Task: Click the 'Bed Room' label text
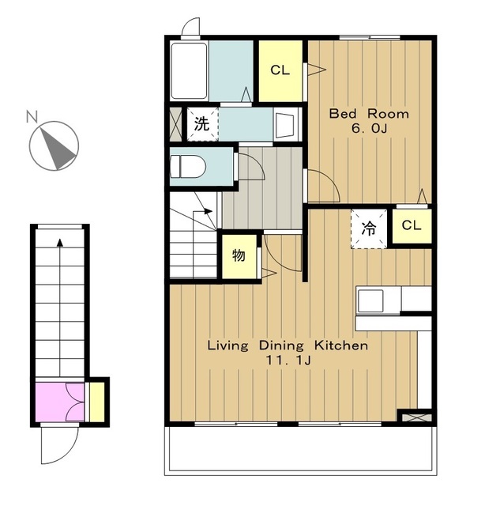tap(369, 114)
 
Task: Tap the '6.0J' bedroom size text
tap(369, 129)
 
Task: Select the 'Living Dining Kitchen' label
tap(288, 346)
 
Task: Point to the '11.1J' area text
tap(288, 361)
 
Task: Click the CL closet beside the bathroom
tap(280, 70)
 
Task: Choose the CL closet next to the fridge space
tap(412, 225)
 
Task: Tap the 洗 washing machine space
tap(202, 124)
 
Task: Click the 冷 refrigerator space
tap(369, 228)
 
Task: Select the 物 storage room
tap(239, 256)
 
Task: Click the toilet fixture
tap(188, 166)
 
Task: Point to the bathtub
tap(189, 70)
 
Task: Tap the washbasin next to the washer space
tap(287, 125)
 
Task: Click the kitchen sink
tap(370, 300)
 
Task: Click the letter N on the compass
tap(32, 116)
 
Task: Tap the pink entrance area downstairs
tap(60, 402)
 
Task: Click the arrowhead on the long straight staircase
tap(60, 243)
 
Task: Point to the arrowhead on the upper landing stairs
tap(209, 211)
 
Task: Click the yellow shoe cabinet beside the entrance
tap(96, 402)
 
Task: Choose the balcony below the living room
tap(300, 451)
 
